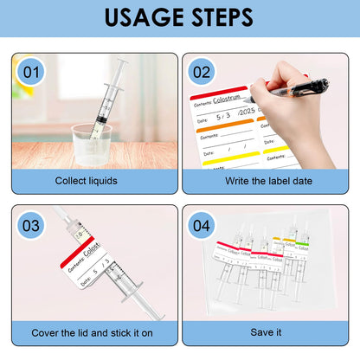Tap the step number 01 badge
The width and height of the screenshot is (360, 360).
[x=31, y=72]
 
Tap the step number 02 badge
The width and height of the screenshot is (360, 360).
[x=202, y=72]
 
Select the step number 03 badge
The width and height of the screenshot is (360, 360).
[x=31, y=225]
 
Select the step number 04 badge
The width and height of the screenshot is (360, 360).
[x=202, y=225]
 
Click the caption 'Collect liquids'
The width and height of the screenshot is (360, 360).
[x=86, y=181]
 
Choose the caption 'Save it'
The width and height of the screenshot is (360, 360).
[x=265, y=332]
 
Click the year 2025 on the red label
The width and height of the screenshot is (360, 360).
[x=247, y=119]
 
